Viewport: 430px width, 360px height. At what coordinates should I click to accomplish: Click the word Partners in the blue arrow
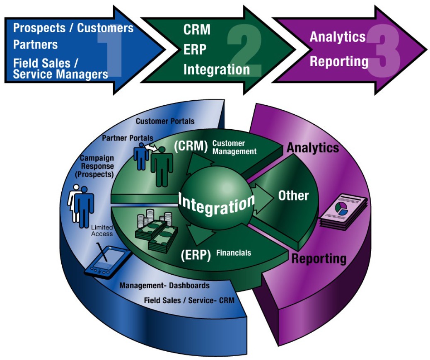(x=35, y=44)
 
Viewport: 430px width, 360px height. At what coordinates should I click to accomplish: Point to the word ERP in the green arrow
(x=195, y=49)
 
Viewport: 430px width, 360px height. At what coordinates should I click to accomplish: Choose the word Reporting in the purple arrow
(x=339, y=61)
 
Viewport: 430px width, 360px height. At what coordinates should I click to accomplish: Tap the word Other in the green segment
(x=293, y=195)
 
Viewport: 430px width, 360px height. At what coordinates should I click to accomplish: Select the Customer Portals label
(x=165, y=121)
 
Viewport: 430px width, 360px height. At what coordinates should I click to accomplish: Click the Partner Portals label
(x=128, y=138)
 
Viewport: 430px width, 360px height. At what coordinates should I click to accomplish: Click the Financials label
(x=234, y=252)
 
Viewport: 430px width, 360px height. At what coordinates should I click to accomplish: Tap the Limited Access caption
(x=102, y=230)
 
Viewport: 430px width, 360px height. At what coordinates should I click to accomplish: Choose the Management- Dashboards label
(x=164, y=285)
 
